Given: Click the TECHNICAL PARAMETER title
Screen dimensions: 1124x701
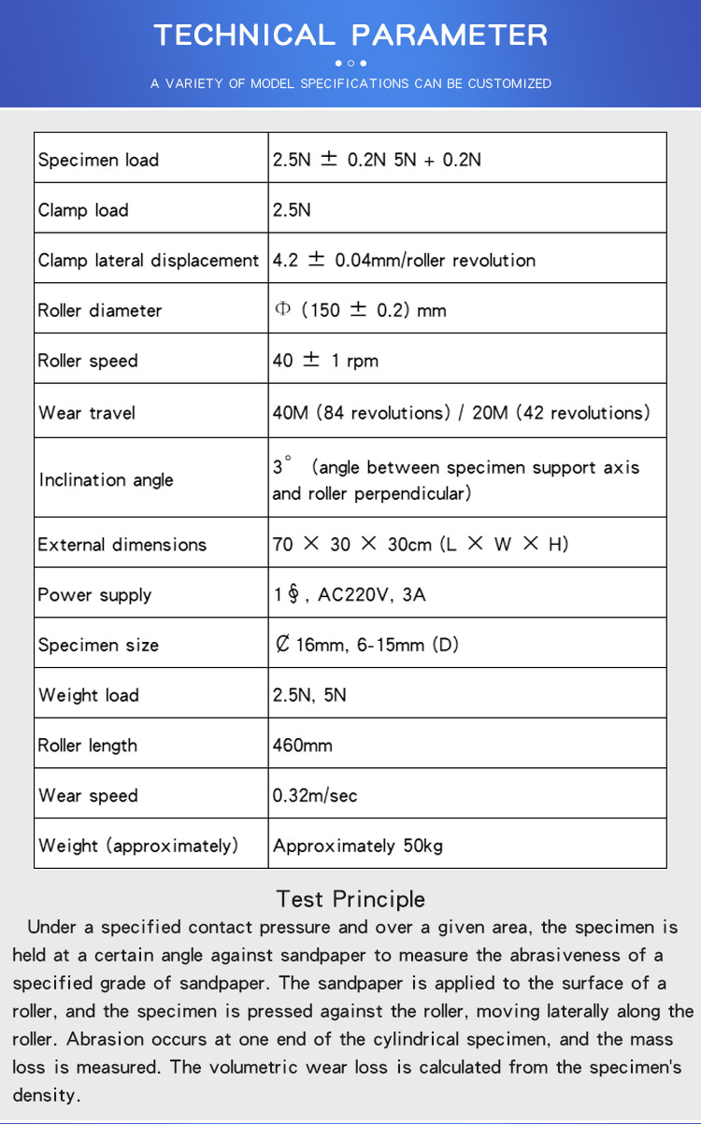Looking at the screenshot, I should pos(350,35).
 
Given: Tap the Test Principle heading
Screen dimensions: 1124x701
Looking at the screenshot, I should pos(350,899).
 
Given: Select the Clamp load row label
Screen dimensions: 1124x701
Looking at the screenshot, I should pos(83,210).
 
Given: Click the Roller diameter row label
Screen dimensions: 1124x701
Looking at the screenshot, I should pos(100,310).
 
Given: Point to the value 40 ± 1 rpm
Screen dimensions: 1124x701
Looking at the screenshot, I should pos(325,361).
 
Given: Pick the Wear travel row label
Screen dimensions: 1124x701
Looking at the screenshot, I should pos(88,411).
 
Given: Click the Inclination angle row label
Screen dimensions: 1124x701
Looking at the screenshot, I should pos(107,479).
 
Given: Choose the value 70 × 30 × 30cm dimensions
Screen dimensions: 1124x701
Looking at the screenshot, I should pos(420,544).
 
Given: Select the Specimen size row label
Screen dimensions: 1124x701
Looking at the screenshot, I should pos(98,645).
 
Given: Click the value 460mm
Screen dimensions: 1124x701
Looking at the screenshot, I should pos(303,746).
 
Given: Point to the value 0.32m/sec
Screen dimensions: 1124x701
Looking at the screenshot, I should pos(315,796).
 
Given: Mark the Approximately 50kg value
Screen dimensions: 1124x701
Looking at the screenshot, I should pos(358,846).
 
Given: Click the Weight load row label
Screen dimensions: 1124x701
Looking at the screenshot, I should pos(89,695).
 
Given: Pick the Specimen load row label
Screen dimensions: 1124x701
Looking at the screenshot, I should pos(98,160).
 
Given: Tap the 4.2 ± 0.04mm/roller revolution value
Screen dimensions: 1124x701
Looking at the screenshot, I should pos(404,261).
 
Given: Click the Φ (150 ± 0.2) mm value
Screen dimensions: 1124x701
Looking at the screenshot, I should pos(361,310).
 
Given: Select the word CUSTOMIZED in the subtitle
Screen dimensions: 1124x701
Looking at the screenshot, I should pos(509,84).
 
